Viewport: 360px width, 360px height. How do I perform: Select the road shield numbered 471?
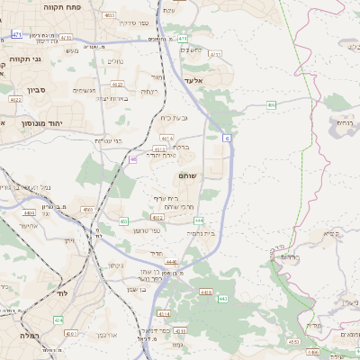[17, 35]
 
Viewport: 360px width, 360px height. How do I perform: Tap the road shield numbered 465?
[272, 105]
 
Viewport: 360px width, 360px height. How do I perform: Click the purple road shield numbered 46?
[133, 159]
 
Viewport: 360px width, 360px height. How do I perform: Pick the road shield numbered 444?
[198, 220]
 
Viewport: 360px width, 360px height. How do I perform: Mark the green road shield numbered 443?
[223, 298]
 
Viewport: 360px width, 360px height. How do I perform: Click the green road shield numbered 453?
[123, 220]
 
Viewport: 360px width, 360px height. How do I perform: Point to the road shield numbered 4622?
[157, 217]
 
